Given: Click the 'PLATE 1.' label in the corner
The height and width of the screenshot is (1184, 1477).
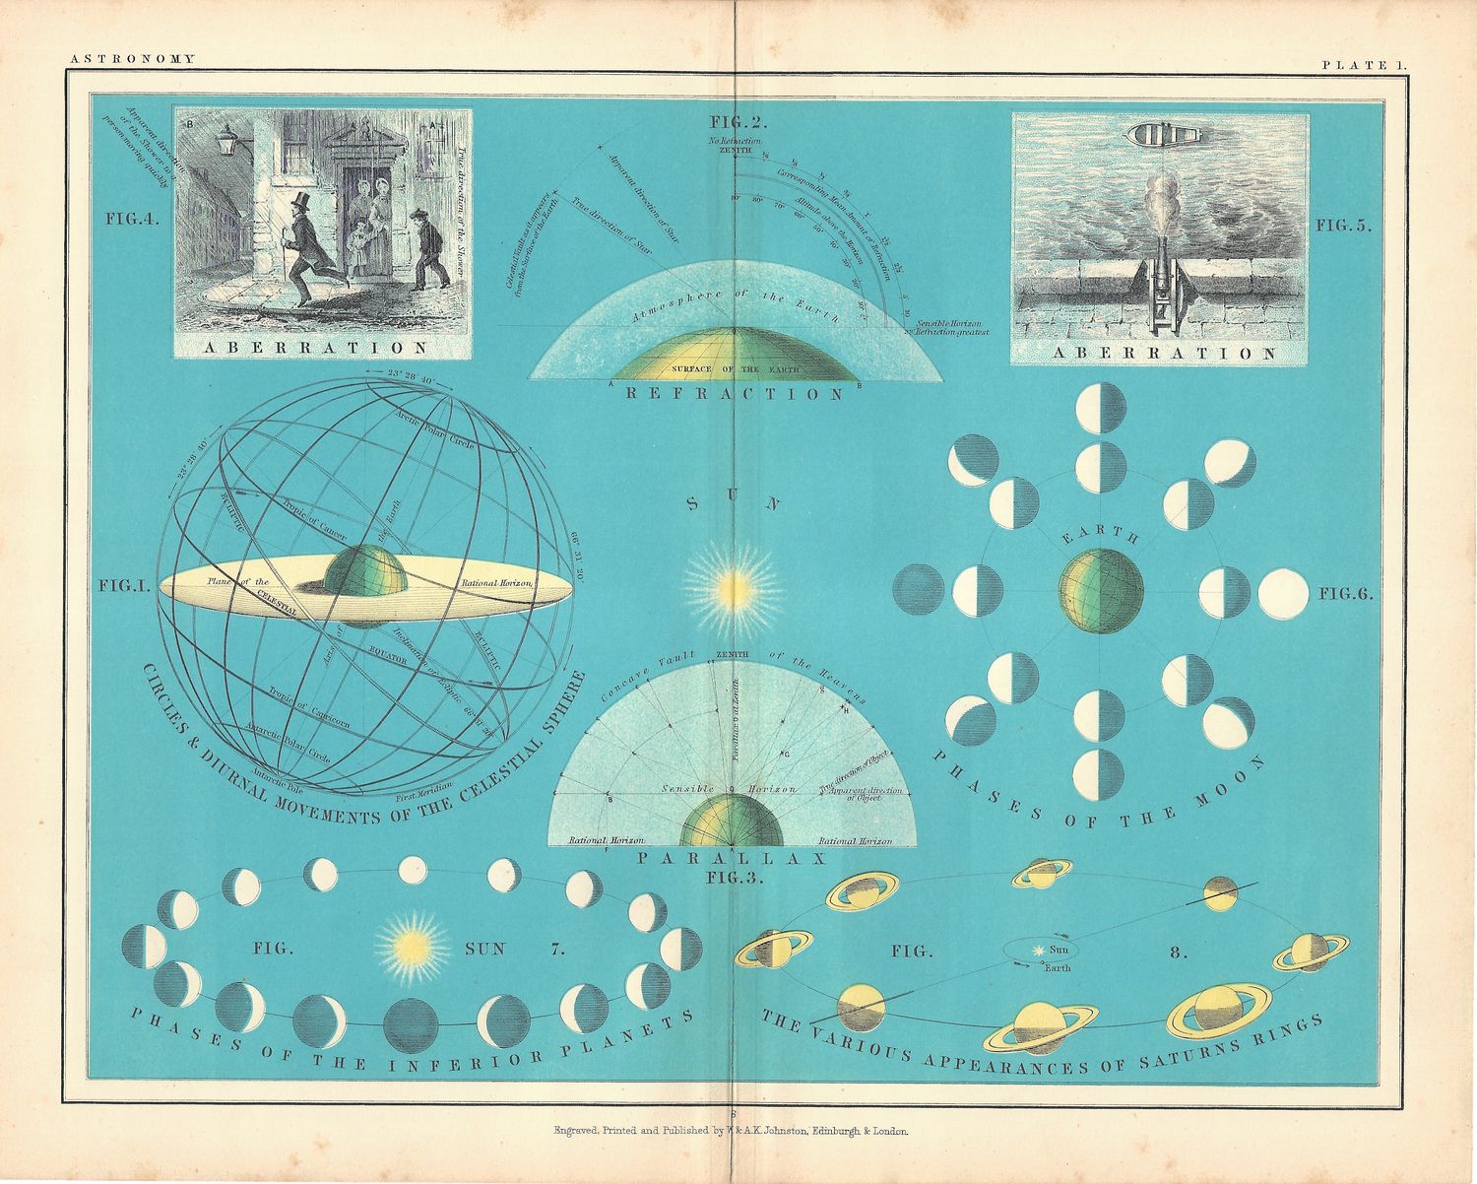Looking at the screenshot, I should coord(1365,64).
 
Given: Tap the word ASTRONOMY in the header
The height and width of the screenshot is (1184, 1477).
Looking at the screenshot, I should coord(132,59).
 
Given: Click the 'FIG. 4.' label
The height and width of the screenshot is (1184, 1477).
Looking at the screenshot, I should coord(133,220).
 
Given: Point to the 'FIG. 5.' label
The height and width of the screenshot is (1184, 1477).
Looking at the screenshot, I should coord(1343,226).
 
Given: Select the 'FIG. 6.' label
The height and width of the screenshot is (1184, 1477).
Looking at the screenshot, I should coord(1345,594).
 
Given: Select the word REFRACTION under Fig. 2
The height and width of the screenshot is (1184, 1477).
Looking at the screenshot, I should coord(736,394).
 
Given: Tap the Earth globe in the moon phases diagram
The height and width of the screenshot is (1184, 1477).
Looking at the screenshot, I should coord(1101,591).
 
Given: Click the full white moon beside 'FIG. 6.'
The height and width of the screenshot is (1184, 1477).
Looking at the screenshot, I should coord(1284,594).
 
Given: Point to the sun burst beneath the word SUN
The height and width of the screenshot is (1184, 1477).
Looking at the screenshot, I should coord(735,589).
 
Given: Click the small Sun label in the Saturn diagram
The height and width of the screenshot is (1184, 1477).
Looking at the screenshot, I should coord(1059,950).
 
